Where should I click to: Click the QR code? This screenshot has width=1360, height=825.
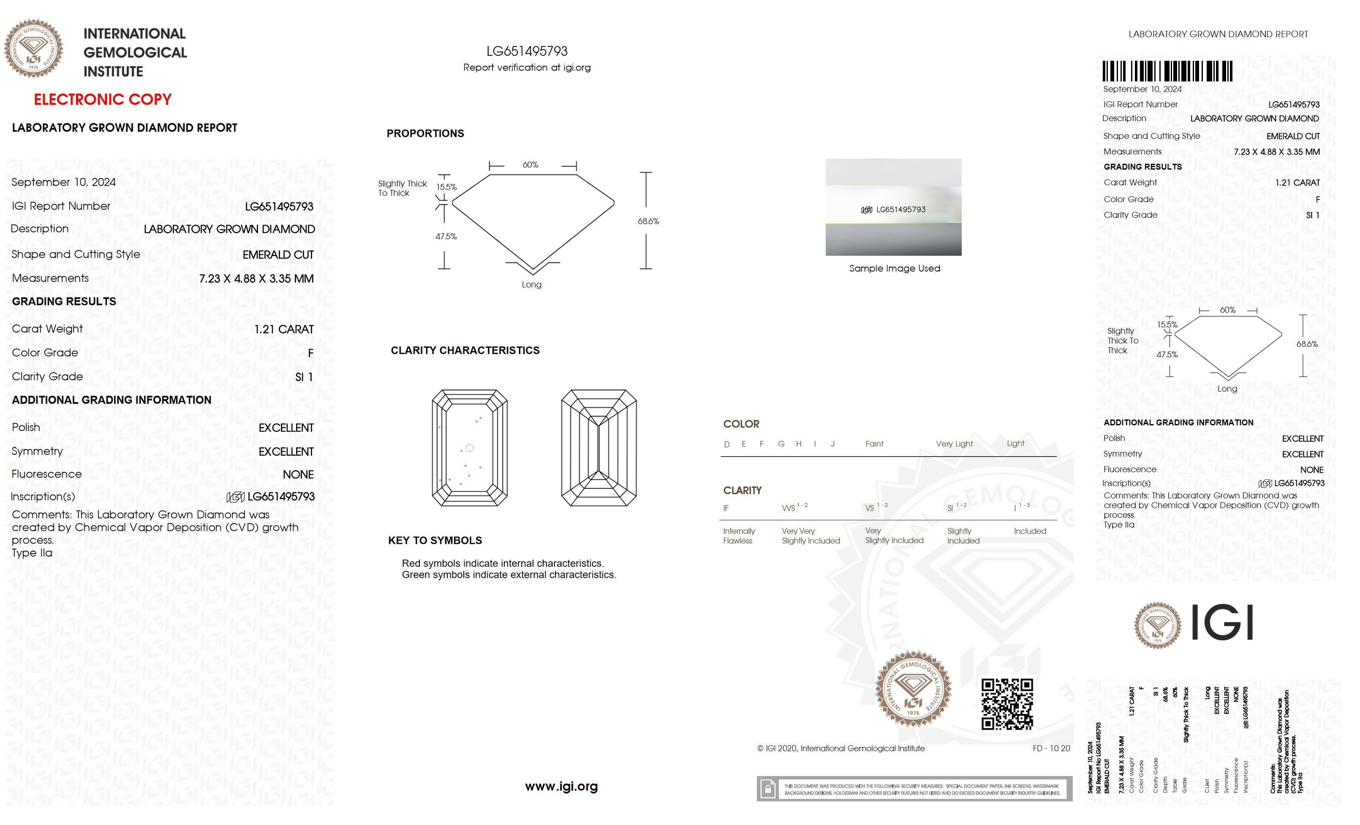tap(1007, 704)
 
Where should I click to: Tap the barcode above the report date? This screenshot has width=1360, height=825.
tap(1167, 72)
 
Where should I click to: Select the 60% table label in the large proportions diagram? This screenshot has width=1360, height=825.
tap(530, 165)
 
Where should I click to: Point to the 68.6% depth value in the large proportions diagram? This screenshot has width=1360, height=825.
tap(648, 221)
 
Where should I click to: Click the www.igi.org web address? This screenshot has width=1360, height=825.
tap(561, 787)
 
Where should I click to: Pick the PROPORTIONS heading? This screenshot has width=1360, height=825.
tap(425, 133)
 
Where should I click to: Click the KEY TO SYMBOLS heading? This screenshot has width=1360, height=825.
tap(435, 541)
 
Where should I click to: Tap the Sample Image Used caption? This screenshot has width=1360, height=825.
tap(894, 268)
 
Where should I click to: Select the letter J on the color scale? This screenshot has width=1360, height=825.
tap(832, 444)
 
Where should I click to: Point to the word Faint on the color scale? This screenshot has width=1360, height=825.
tap(874, 444)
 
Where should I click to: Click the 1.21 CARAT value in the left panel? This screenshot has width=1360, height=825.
tap(284, 329)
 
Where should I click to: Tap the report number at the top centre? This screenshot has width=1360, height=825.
tap(527, 51)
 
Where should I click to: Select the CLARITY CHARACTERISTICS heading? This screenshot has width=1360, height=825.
tap(465, 350)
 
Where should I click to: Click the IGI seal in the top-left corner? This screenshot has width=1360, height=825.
tap(34, 49)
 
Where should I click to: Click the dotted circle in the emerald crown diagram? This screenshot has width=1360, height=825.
tap(469, 448)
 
